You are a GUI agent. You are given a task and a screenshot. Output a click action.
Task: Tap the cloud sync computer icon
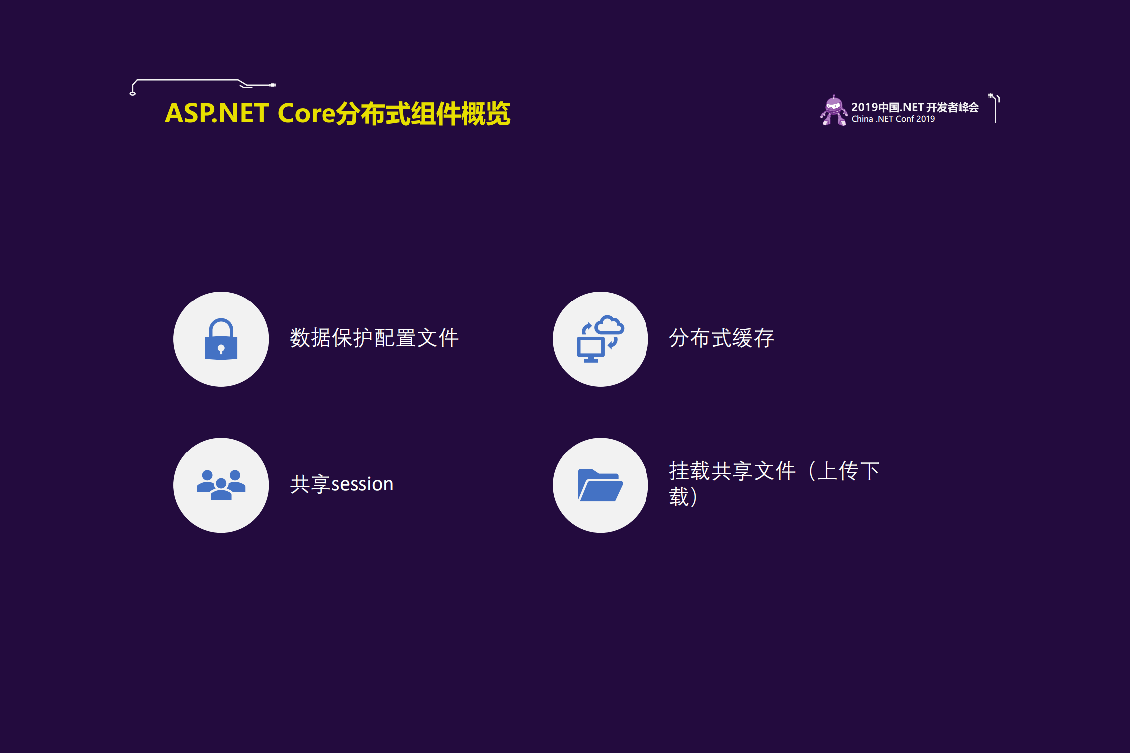point(600,339)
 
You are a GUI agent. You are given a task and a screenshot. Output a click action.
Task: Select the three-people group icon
point(221,485)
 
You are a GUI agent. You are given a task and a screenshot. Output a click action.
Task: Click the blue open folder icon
point(600,485)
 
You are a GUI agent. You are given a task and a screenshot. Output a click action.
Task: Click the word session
point(362,484)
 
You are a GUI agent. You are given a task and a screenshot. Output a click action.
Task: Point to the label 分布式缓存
point(721,338)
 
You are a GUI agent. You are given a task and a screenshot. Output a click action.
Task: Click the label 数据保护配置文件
point(374,338)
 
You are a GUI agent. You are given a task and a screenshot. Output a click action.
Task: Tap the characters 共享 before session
point(310,484)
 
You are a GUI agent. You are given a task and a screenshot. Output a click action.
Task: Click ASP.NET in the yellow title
point(217,113)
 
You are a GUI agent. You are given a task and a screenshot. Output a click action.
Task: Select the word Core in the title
point(306,113)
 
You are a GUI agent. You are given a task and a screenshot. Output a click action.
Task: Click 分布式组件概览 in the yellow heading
point(423,114)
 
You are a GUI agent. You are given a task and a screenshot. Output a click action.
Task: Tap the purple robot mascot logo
point(834,111)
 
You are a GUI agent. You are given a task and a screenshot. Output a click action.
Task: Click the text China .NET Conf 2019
point(893,119)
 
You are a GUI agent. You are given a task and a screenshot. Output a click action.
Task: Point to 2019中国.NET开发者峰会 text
point(915,107)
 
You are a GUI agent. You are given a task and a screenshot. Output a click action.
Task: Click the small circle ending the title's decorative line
point(133,94)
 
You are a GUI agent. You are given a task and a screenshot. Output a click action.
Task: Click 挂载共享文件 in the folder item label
point(732,471)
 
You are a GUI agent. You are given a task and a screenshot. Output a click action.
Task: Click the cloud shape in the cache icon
point(609,325)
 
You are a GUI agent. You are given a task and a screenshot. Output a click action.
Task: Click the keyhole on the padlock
point(221,349)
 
